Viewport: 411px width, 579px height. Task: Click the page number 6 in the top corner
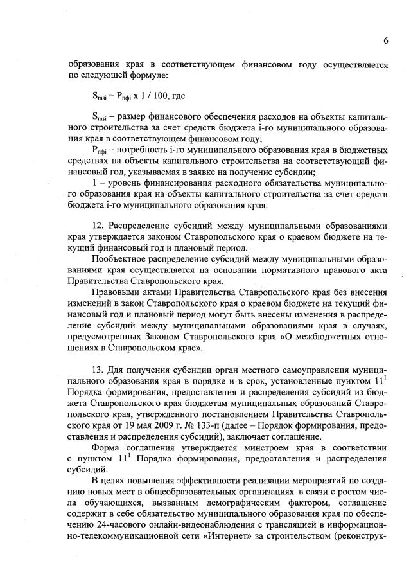[385, 40]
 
